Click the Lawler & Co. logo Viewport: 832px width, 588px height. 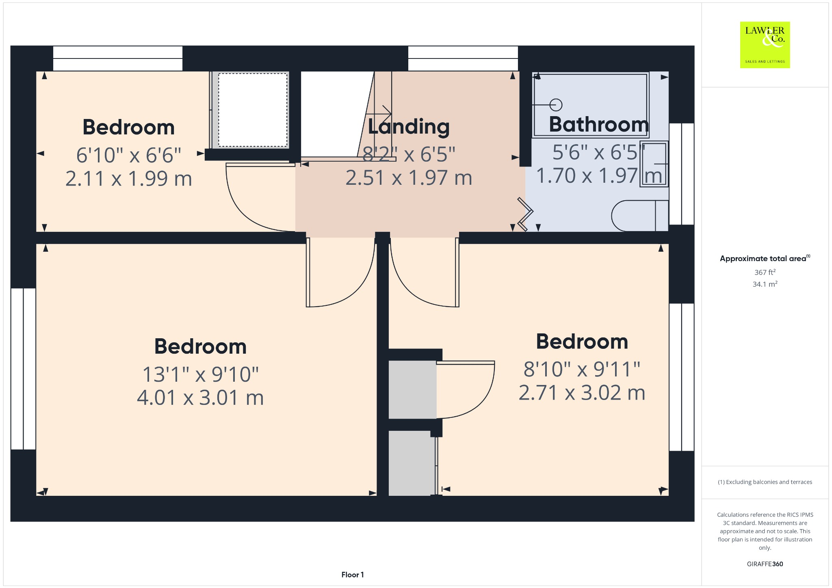[765, 45]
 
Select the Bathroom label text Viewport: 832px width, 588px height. [599, 124]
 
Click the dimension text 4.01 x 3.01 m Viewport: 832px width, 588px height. [200, 398]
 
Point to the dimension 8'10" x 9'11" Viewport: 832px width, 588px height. [582, 369]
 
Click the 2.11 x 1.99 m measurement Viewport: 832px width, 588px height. [128, 179]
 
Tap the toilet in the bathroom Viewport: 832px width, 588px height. [638, 216]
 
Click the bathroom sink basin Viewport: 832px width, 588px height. [654, 164]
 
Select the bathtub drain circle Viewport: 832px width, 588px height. [556, 105]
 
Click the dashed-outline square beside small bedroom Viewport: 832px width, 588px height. [253, 110]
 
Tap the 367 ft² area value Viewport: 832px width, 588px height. [765, 272]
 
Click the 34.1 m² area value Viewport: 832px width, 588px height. [765, 284]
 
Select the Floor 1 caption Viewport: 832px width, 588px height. [352, 575]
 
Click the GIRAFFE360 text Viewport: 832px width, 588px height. [765, 564]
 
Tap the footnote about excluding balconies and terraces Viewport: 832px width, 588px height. [765, 482]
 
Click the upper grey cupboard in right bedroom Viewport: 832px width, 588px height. [412, 389]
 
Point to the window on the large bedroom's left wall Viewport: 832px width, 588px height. [23, 369]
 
